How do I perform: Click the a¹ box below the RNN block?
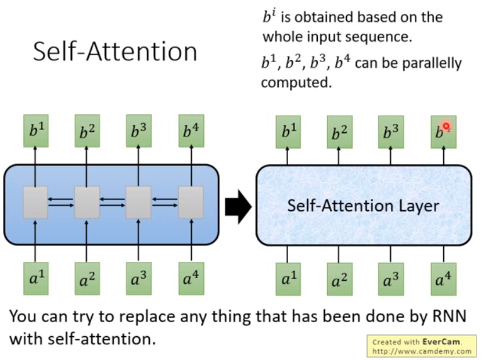point(35,278)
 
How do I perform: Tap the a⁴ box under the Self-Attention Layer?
point(443,279)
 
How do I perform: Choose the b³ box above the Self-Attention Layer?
point(391,132)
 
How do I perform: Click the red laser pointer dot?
point(446,126)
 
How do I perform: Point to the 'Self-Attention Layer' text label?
point(364,206)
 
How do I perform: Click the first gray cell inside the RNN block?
point(35,202)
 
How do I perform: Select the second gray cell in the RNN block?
point(87,202)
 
